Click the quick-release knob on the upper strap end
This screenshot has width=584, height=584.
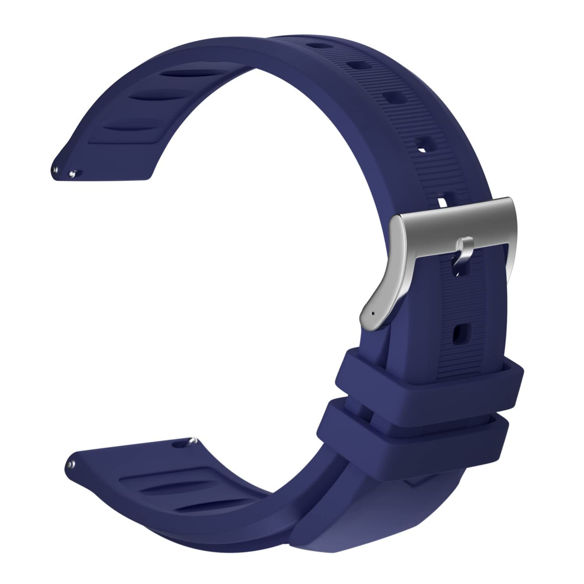pos(72,173)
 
